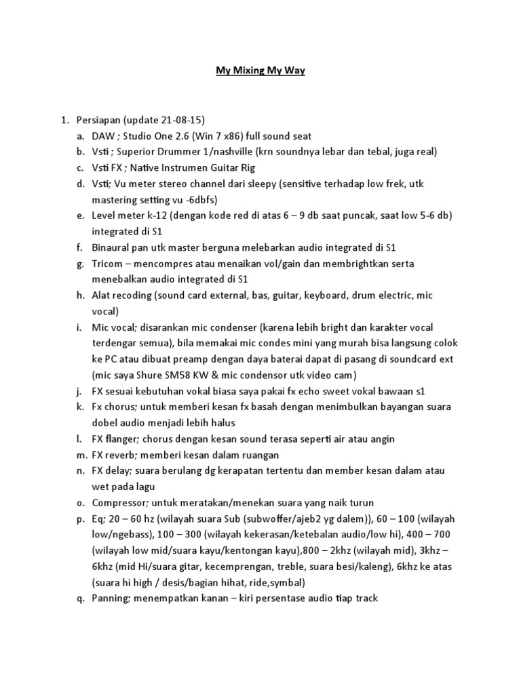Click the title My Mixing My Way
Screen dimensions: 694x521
[260, 70]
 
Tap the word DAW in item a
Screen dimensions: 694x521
[104, 136]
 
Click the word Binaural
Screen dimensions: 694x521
[112, 247]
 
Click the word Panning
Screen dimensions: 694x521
[111, 598]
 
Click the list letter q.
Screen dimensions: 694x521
[79, 598]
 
